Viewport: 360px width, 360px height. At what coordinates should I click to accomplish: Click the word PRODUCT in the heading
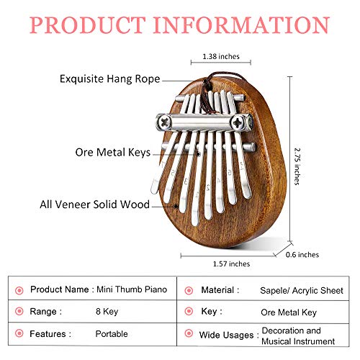point(88,25)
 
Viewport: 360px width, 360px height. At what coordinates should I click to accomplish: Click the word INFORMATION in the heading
point(241,25)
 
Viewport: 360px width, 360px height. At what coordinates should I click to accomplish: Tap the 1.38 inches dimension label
point(221,56)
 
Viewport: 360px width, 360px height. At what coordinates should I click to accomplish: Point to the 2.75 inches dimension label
point(297,166)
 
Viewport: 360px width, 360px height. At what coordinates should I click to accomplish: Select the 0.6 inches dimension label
point(302,255)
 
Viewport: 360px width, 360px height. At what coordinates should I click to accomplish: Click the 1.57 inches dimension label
point(231,264)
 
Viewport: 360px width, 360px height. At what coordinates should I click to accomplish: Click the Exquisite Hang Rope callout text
point(110,79)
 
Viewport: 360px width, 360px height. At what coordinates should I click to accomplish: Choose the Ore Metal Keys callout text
point(113,153)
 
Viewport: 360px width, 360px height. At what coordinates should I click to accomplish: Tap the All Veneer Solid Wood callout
point(94,204)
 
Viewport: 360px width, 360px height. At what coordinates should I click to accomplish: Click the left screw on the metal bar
point(165,122)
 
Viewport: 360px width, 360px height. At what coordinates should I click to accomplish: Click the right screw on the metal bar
point(239,122)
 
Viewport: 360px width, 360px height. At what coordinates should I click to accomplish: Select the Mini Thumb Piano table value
point(132,289)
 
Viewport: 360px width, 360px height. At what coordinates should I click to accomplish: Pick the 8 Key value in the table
point(107,312)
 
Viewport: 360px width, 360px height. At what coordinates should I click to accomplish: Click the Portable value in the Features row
point(112,334)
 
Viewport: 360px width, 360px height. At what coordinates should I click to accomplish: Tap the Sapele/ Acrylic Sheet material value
point(302,290)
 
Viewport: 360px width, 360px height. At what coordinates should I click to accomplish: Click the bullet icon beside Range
point(19,312)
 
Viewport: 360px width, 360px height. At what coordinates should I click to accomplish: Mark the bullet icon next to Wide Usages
point(189,333)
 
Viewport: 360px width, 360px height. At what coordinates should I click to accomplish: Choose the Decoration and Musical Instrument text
point(298,336)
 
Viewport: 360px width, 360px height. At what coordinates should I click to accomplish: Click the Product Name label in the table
point(60,289)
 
